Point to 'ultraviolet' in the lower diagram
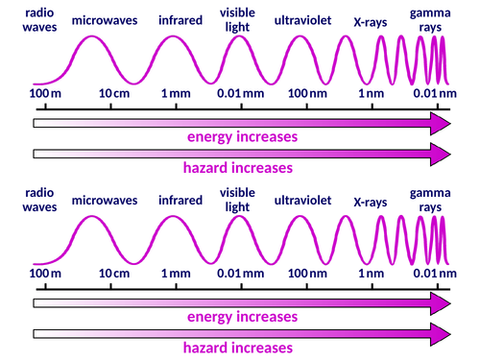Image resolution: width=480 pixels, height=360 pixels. [x=304, y=200]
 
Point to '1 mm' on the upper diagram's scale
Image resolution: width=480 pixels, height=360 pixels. [x=176, y=94]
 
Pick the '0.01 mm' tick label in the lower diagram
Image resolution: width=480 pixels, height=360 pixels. [x=241, y=275]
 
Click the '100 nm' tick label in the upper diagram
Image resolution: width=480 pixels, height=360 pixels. [x=306, y=94]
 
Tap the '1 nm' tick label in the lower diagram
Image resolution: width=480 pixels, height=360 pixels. [x=372, y=275]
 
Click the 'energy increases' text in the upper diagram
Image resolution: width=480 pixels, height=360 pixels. [x=241, y=136]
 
